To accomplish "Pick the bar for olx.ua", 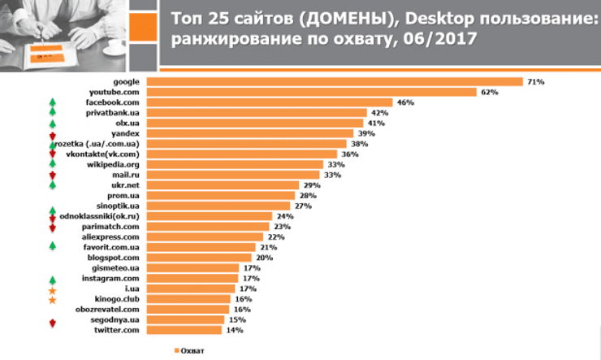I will tap(255, 123).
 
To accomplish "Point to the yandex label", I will tap(128, 133).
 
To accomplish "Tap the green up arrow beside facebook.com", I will tap(53, 102).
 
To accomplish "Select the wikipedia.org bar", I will tap(236, 164).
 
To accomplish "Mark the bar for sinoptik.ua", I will tap(219, 206).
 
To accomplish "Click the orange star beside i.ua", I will tap(53, 290).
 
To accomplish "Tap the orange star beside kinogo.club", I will tap(53, 300).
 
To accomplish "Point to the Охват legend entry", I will tap(190, 351).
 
